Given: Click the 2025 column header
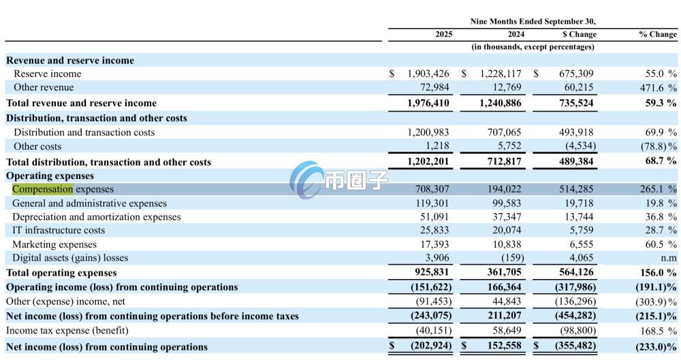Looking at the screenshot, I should click(x=443, y=34).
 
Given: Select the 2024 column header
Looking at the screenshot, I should click(x=516, y=34).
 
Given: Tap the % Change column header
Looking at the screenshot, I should click(x=657, y=34).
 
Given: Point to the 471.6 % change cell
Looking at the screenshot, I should click(x=658, y=87).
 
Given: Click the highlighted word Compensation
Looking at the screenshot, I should click(x=42, y=189).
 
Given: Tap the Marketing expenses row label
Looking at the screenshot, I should click(x=54, y=244).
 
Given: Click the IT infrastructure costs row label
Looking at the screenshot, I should click(x=59, y=230).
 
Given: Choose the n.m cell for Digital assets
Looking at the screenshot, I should click(x=668, y=258).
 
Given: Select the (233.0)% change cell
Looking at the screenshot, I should click(x=656, y=346).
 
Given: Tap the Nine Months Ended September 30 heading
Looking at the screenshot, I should click(x=533, y=21).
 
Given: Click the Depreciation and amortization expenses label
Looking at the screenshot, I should click(x=97, y=216).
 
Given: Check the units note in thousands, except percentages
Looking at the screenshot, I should click(x=533, y=47).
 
